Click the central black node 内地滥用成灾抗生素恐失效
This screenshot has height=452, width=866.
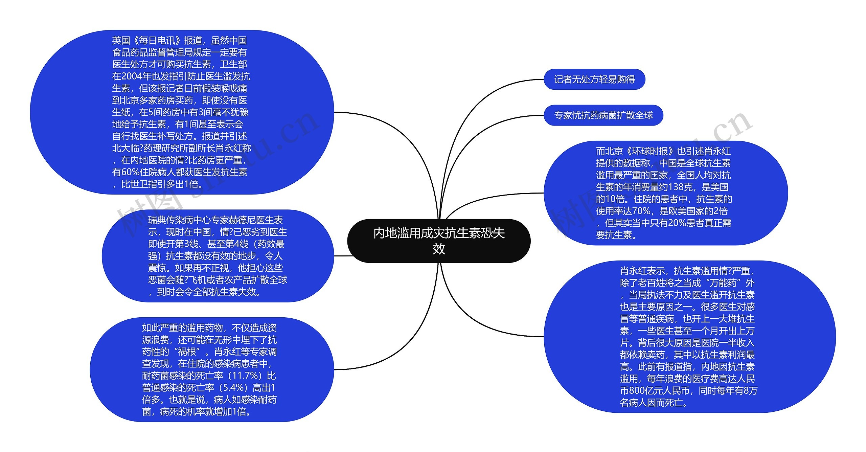(439, 241)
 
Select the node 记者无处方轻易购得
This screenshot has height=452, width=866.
(594, 80)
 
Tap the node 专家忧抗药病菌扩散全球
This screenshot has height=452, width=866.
(603, 115)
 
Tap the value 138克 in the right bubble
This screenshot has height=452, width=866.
(680, 187)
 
